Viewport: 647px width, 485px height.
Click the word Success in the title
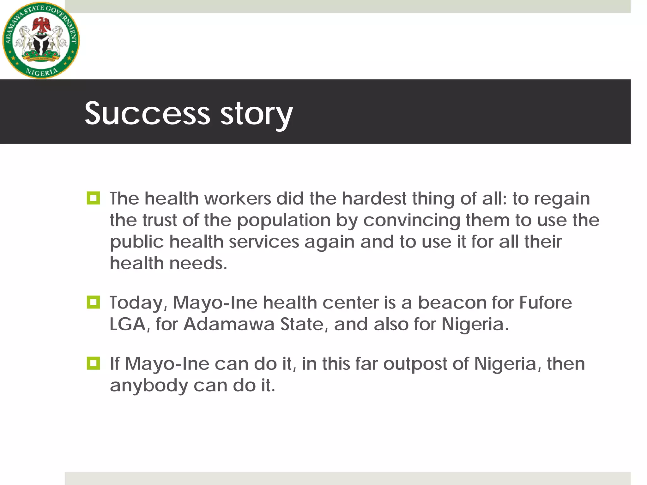point(147,113)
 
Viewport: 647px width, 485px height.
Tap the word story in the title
point(256,114)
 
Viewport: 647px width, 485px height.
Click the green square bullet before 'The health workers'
point(93,198)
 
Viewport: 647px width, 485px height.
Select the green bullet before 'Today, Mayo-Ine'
point(93,302)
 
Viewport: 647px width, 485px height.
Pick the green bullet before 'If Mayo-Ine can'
point(93,363)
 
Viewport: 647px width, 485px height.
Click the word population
point(284,221)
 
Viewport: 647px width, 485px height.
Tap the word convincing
point(412,221)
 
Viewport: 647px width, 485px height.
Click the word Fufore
point(546,302)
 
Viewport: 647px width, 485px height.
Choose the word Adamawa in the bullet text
point(229,324)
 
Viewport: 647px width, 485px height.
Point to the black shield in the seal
point(41,44)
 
